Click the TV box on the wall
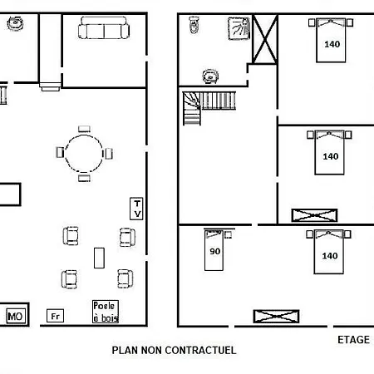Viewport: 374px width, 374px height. (136, 209)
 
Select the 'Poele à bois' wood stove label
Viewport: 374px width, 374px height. (106, 312)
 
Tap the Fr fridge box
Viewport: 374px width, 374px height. (55, 316)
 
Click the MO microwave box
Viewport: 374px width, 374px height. (16, 316)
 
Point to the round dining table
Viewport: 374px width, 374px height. (84, 135)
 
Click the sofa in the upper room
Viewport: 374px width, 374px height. (104, 27)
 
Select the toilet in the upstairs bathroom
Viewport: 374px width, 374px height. (194, 25)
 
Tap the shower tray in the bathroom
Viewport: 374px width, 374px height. (239, 28)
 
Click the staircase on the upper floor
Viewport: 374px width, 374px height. (209, 108)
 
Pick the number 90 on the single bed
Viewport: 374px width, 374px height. (215, 251)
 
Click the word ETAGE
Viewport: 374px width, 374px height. (353, 340)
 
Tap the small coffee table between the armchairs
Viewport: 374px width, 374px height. (99, 258)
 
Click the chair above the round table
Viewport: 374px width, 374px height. (84, 129)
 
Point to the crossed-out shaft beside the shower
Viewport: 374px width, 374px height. (265, 39)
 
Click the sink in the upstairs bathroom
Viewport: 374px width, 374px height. (210, 76)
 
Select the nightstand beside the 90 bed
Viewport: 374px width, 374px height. (228, 234)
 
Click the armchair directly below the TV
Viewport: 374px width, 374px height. (127, 237)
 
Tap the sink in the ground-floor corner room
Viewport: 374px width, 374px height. (15, 23)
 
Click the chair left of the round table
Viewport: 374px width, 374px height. (60, 152)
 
